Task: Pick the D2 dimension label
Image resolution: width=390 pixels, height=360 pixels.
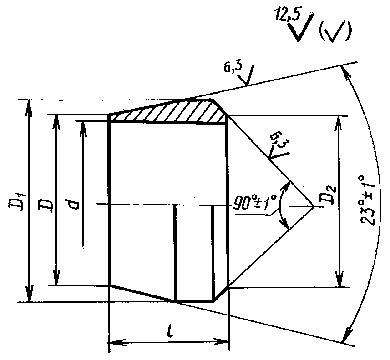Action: (x=330, y=195)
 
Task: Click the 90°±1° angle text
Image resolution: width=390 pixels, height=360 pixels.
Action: (x=255, y=202)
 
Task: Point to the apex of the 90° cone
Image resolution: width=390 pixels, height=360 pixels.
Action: (x=314, y=206)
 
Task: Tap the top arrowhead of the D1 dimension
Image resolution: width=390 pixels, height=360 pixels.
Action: (x=29, y=105)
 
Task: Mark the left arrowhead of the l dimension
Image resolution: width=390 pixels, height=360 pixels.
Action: (x=117, y=342)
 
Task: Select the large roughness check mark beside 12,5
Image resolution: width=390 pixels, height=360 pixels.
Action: (x=302, y=28)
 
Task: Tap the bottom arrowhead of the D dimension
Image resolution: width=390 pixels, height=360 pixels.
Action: (x=56, y=279)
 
